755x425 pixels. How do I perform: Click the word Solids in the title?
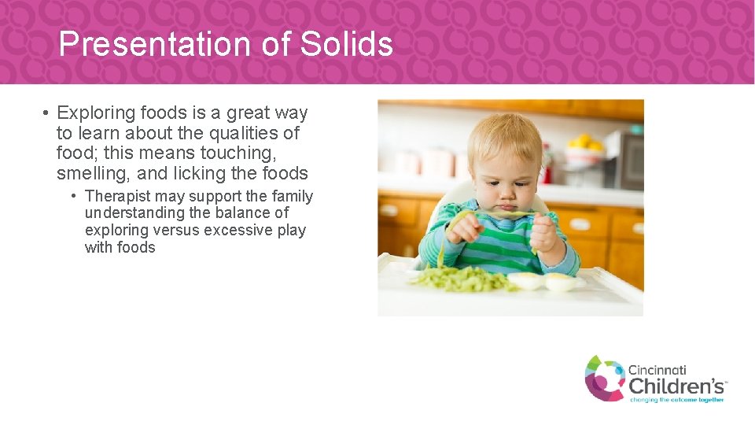pyautogui.click(x=346, y=44)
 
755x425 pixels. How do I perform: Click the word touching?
pyautogui.click(x=235, y=153)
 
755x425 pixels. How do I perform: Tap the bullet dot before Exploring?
pyautogui.click(x=47, y=113)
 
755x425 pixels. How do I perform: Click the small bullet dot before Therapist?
pyautogui.click(x=73, y=196)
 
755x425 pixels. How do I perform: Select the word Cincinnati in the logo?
pyautogui.click(x=657, y=370)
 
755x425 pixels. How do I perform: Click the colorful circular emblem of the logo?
pyautogui.click(x=604, y=378)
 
